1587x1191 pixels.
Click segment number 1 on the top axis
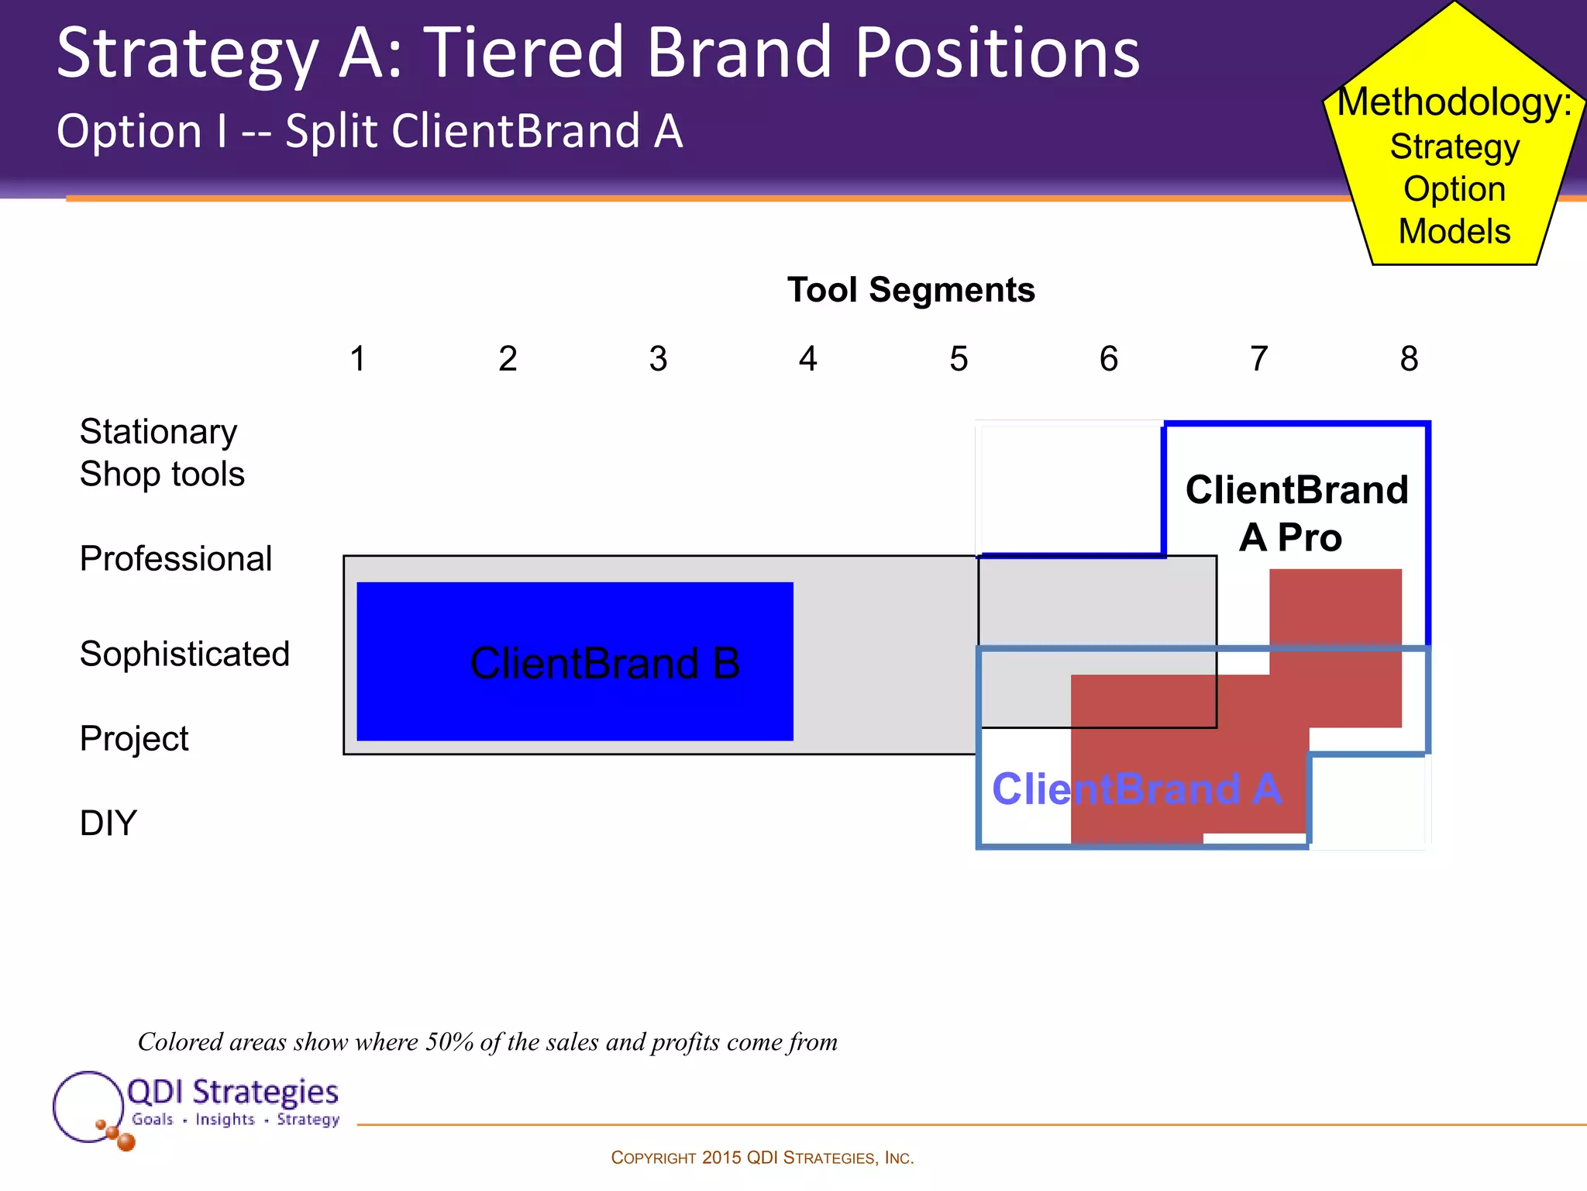coord(357,359)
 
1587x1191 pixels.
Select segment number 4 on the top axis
coord(807,359)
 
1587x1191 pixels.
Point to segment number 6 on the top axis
coord(1108,359)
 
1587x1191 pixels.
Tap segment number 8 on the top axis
coord(1409,359)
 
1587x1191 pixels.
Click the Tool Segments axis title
coord(911,290)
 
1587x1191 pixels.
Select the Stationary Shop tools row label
coord(161,453)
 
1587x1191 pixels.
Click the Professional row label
coord(176,558)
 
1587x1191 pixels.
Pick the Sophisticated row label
coord(184,654)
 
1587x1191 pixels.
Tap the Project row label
coord(134,738)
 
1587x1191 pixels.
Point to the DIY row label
coord(108,823)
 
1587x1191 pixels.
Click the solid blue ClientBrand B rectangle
coord(575,661)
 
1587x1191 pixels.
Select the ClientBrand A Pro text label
coord(1296,513)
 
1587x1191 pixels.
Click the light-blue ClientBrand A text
coord(1137,789)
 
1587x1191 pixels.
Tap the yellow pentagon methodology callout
coord(1454,167)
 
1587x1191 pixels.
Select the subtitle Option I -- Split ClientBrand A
coord(370,130)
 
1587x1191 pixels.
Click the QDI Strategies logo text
coord(232,1092)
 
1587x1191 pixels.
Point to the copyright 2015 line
coord(762,1158)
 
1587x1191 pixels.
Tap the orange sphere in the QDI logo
coord(126,1141)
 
